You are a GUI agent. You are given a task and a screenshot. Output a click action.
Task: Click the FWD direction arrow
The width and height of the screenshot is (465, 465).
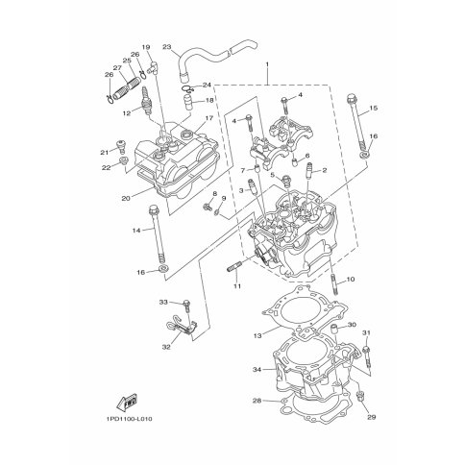[x=127, y=402]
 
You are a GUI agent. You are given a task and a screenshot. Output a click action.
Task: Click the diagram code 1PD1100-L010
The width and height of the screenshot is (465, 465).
[x=128, y=419]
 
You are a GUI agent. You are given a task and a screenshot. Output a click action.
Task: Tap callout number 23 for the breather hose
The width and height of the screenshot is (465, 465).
[x=167, y=47]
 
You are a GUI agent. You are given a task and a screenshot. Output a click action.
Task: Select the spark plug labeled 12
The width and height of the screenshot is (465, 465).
[x=146, y=104]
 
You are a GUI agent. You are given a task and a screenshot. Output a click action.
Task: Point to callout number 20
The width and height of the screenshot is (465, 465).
[x=127, y=198]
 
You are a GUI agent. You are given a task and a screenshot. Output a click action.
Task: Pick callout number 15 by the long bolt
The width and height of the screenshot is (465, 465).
[x=373, y=108]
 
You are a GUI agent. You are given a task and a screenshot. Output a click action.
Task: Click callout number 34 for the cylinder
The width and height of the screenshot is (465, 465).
[x=257, y=370]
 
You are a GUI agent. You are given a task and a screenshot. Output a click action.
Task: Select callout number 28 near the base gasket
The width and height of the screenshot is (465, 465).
[x=257, y=401]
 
